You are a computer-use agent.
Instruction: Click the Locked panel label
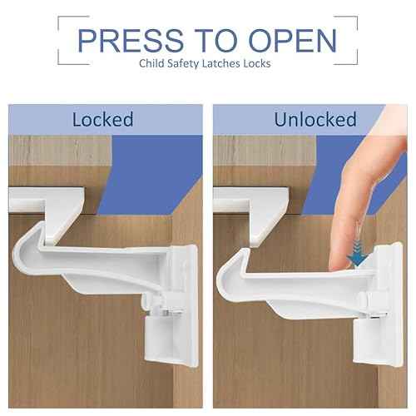click(103, 119)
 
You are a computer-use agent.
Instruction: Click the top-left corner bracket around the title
click(59, 20)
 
